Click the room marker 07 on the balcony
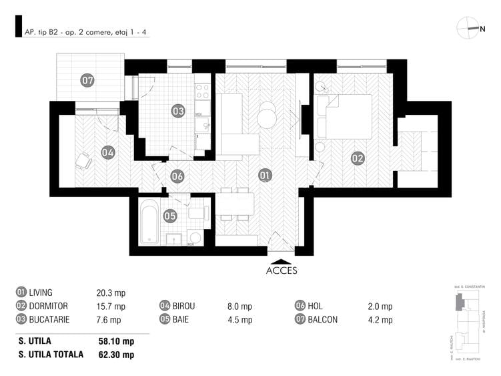click(x=87, y=80)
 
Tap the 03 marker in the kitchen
click(x=177, y=111)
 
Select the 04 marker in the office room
click(x=108, y=152)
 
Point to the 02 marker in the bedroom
click(x=358, y=158)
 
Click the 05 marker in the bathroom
click(x=169, y=216)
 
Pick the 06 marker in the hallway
click(x=177, y=176)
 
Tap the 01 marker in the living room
click(x=265, y=176)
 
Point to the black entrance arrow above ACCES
click(x=282, y=261)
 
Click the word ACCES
click(x=282, y=271)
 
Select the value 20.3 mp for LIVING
click(x=111, y=293)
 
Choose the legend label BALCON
click(x=324, y=319)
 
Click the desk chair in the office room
click(x=84, y=160)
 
